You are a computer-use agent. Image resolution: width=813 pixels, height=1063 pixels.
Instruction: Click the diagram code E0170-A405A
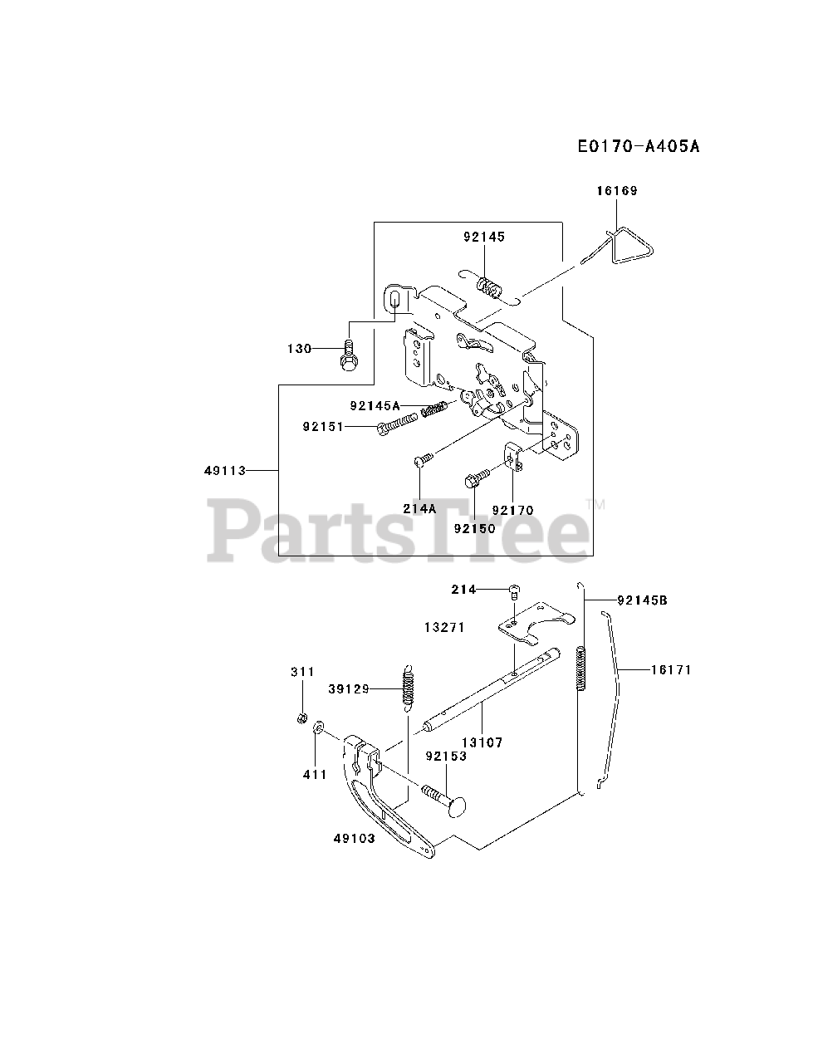coord(638,147)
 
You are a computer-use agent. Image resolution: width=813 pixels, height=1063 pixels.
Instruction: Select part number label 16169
coord(616,191)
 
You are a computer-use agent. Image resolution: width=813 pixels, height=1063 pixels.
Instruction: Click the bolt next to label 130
coord(349,357)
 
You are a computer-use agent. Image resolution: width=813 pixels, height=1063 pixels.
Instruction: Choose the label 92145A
coord(375,406)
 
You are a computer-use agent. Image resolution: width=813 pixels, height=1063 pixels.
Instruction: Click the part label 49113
coord(225,471)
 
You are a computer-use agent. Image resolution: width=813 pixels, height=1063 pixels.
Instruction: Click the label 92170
coord(512,510)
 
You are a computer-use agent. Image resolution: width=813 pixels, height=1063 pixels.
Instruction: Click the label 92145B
coord(642,600)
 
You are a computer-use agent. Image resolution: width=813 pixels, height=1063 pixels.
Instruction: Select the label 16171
coord(670,669)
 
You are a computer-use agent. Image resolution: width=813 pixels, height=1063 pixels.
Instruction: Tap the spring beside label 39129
coord(408,688)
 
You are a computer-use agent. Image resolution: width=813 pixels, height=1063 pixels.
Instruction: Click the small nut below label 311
coord(303,718)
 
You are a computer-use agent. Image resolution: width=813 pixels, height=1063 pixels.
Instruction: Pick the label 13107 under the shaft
coord(482,742)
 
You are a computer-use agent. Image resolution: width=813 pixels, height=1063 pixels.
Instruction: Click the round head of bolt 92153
coord(458,805)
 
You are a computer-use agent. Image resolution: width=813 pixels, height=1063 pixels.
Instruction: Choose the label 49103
coord(355,838)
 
